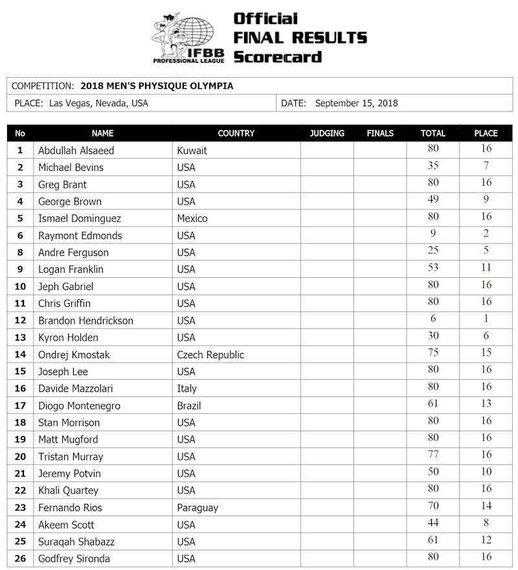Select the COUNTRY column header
point(236,133)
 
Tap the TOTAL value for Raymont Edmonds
point(433,234)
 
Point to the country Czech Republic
point(210,355)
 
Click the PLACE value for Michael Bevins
point(486,166)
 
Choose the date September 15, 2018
point(356,103)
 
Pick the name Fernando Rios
point(70,508)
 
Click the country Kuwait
point(192,150)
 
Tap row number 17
point(20,406)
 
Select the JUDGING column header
point(327,133)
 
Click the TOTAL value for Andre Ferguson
point(433,251)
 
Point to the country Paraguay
point(197,508)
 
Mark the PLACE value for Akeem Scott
point(486,523)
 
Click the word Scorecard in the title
point(277,56)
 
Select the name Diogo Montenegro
point(79,406)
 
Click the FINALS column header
point(380,133)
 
